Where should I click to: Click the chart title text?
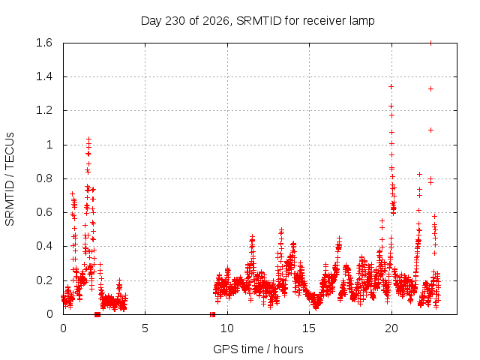(257, 21)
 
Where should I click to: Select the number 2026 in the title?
(216, 21)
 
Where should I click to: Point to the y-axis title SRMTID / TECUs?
(10, 179)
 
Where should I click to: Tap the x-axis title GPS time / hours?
(258, 349)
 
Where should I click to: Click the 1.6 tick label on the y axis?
(44, 43)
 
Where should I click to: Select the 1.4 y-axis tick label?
(44, 76)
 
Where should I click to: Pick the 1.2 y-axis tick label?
(44, 110)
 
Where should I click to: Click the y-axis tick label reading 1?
(49, 145)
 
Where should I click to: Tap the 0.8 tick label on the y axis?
(44, 178)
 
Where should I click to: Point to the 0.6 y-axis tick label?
(44, 212)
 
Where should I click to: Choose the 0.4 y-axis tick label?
(44, 246)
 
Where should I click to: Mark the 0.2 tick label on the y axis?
(44, 280)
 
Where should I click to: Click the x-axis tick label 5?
(145, 328)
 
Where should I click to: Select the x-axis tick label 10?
(226, 328)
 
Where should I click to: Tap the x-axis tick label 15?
(309, 328)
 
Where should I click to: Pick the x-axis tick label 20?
(391, 328)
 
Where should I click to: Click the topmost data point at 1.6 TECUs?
(430, 43)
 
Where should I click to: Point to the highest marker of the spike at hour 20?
(391, 87)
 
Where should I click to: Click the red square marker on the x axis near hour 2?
(97, 314)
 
